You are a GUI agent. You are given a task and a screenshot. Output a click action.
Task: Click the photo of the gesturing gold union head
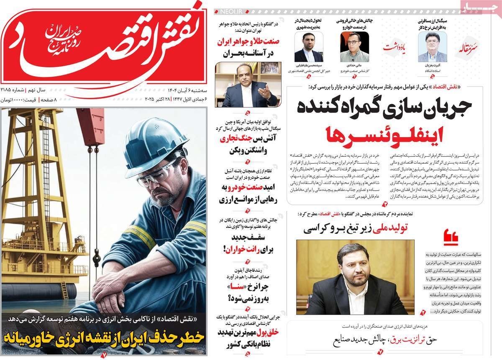(x=246, y=85)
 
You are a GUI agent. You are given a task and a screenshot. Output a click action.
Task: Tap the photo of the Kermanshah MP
(x=355, y=277)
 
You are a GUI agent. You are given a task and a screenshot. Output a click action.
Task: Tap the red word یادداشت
(x=394, y=47)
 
